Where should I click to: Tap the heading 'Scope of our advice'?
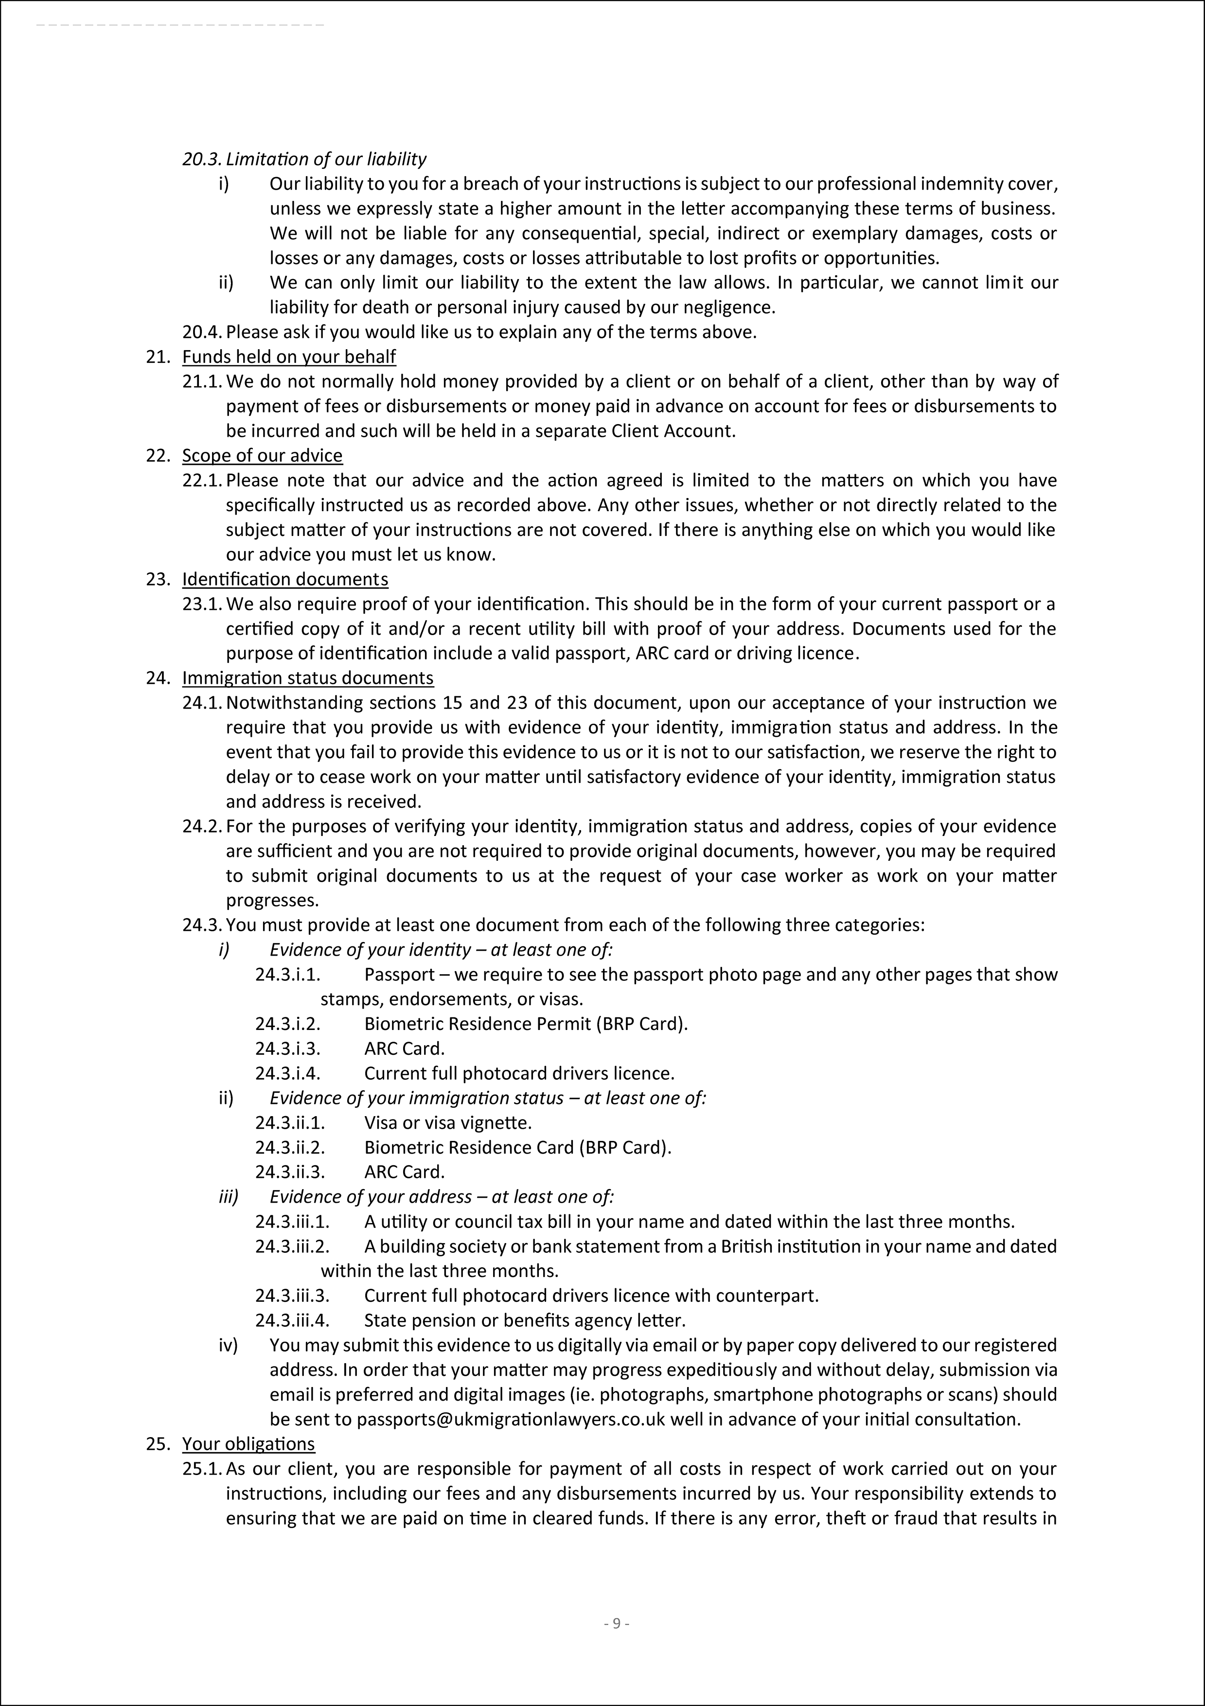(x=262, y=456)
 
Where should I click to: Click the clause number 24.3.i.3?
(x=287, y=1048)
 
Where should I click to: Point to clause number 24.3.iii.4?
(x=292, y=1320)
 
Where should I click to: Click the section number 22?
(x=158, y=456)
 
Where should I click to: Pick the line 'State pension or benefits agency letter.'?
(x=525, y=1320)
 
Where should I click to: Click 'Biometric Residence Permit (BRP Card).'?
(x=526, y=1024)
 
